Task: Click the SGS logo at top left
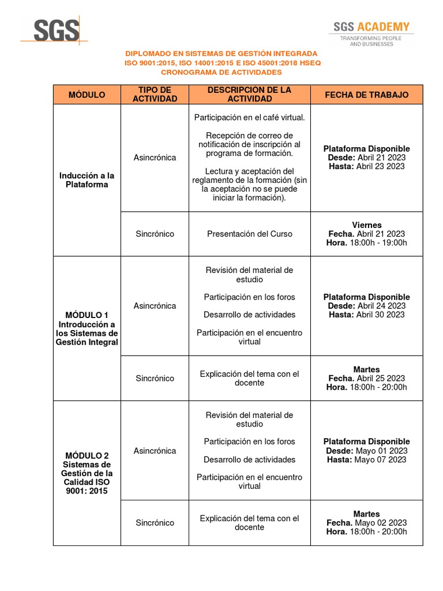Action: point(56,30)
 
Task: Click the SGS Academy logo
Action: point(371,33)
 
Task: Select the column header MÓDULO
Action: point(87,95)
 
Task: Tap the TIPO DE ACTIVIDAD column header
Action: point(155,95)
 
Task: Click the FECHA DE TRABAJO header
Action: point(366,95)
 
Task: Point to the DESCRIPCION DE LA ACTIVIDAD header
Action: point(249,95)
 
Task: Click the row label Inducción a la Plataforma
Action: point(87,180)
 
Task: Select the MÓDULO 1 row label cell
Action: point(87,328)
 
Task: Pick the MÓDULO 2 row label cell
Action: point(87,473)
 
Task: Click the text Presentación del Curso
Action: point(249,234)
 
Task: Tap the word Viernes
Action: point(367,225)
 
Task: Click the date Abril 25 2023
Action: point(381,379)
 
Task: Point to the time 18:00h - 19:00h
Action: point(378,243)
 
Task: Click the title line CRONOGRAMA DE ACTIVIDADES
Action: point(221,72)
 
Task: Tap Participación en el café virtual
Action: point(249,117)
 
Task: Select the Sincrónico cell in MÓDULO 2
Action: point(155,523)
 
